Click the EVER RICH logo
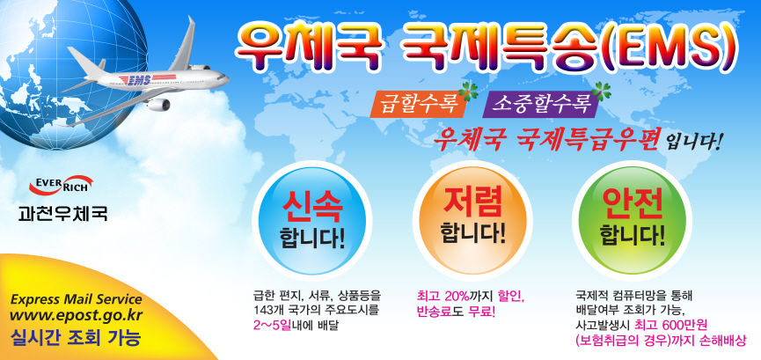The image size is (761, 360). (62, 184)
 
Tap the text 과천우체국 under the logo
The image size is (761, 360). (62, 213)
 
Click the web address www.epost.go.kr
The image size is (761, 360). (76, 315)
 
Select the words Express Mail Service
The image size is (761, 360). (77, 298)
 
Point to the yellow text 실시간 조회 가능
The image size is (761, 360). (76, 337)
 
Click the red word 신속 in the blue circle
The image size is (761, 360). (312, 208)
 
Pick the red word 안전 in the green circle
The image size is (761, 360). (633, 202)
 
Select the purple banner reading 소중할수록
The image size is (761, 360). (541, 105)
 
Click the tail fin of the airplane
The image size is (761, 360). (184, 45)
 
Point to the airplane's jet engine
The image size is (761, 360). (158, 104)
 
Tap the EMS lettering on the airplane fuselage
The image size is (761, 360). (135, 79)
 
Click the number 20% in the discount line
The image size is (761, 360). (457, 295)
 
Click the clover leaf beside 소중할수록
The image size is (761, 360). (604, 91)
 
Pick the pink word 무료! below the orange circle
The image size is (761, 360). (482, 311)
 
